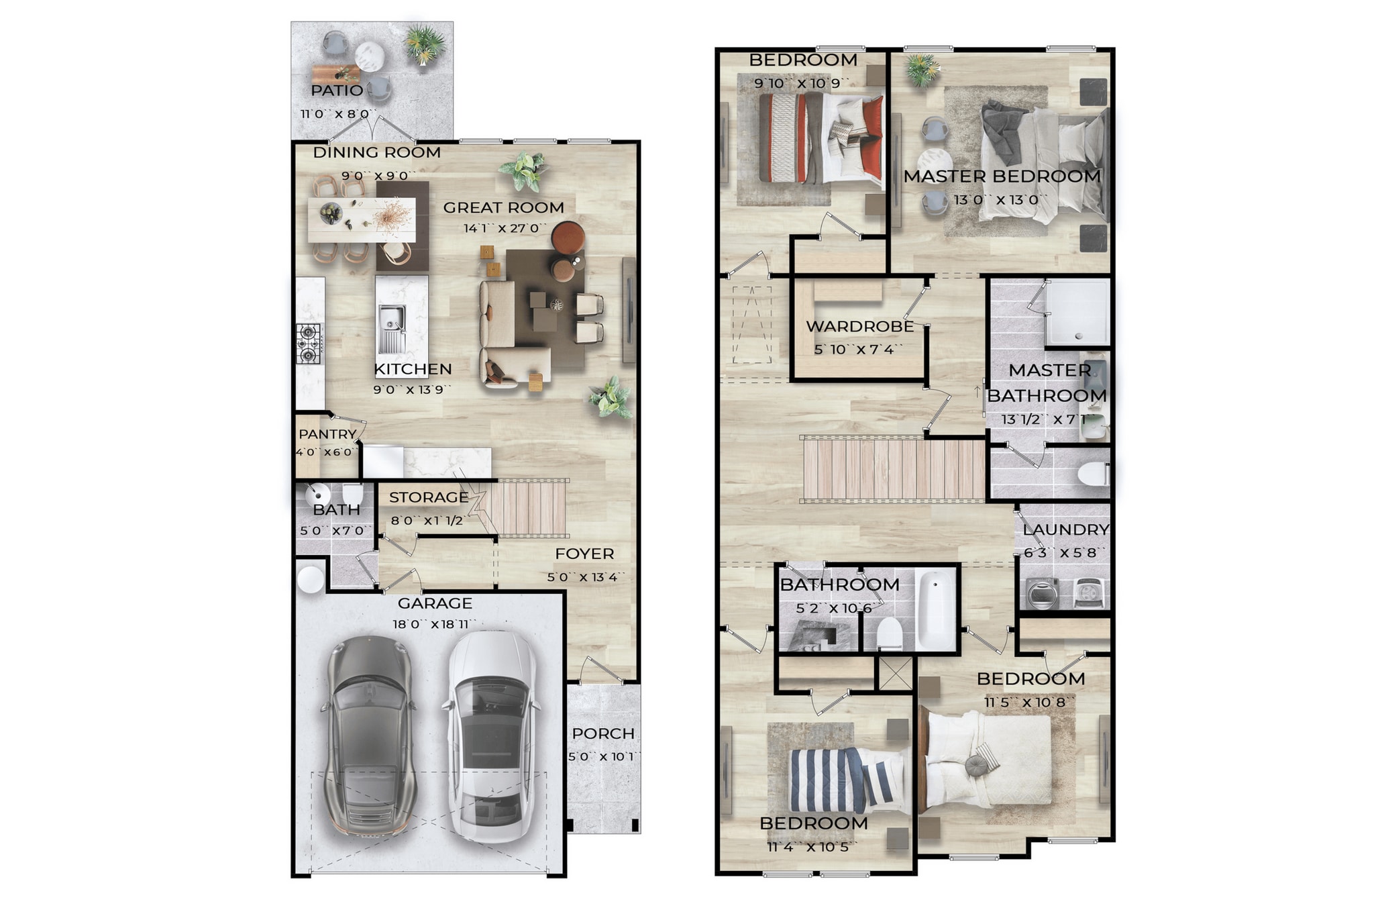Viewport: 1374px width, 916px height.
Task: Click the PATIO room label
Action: tap(337, 91)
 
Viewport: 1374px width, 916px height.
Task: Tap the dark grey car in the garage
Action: tap(370, 735)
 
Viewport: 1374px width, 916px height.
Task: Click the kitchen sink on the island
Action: tap(392, 327)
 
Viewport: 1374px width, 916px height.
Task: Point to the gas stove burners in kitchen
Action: tap(309, 342)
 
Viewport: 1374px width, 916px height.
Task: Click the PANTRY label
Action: tap(327, 434)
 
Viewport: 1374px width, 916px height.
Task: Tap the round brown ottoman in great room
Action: tap(568, 237)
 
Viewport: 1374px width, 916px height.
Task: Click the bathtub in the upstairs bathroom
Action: tap(935, 609)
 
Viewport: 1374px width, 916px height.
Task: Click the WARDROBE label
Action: tap(859, 327)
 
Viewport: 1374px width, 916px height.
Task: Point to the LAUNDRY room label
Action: tap(1065, 530)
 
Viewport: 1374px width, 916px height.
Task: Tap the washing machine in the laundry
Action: tap(1042, 594)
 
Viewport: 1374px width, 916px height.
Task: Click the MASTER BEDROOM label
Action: tap(1002, 176)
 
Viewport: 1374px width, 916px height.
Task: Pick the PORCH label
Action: tap(602, 733)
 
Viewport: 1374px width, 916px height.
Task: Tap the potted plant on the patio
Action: tap(424, 44)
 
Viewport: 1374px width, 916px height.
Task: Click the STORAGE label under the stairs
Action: tap(429, 497)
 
